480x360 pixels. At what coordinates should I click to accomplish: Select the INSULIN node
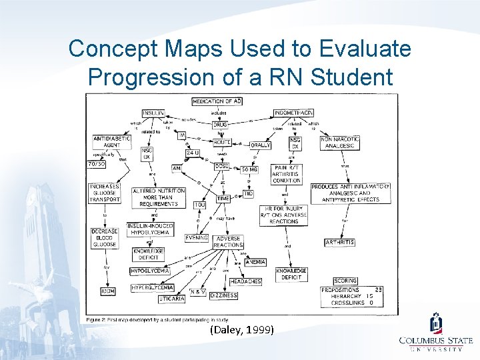[x=154, y=113]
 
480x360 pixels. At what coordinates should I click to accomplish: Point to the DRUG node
[x=220, y=124]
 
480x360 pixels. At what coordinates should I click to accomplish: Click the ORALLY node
[x=259, y=145]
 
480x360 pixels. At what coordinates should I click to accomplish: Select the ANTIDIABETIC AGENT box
[x=111, y=141]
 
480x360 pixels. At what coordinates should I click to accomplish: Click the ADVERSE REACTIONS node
[x=228, y=241]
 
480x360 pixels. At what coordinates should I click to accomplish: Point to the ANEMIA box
[x=255, y=262]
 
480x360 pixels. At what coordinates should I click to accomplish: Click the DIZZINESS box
[x=223, y=295]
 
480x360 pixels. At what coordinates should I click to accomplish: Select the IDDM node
[x=107, y=291]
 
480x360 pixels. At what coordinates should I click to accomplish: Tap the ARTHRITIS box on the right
[x=339, y=243]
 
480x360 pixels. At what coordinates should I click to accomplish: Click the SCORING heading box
[x=345, y=281]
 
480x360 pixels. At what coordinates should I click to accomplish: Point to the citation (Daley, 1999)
[x=241, y=329]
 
